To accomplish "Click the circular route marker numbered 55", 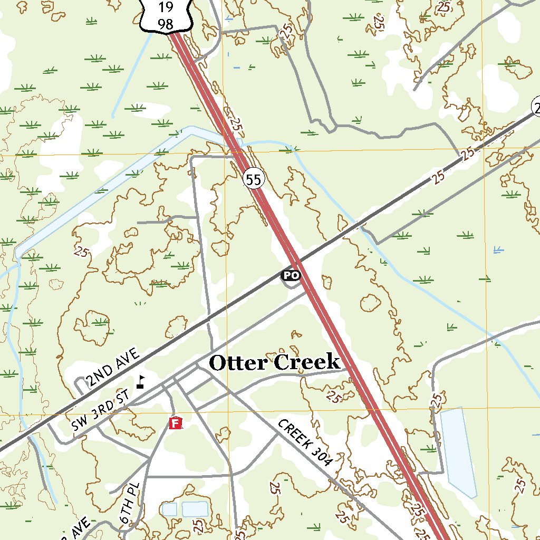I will (253, 180).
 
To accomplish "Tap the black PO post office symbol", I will (290, 275).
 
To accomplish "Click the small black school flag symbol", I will (140, 382).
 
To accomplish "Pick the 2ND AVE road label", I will (113, 368).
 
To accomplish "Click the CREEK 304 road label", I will (305, 443).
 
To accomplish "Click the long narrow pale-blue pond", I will (458, 452).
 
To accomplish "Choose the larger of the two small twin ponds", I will (195, 509).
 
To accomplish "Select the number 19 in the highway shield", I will (165, 6).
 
